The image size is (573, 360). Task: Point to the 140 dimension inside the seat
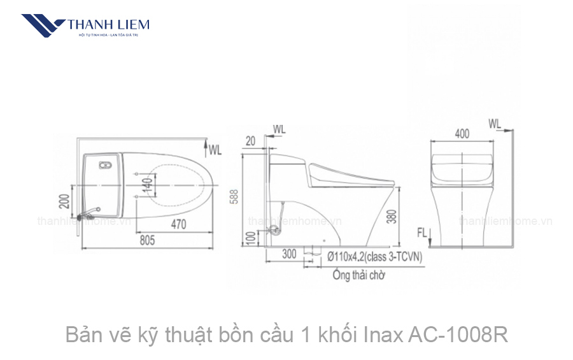pos(147,185)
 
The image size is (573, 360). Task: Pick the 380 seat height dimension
pos(392,217)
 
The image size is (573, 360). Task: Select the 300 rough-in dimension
pos(289,254)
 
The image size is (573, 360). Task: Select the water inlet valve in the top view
pos(88,210)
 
